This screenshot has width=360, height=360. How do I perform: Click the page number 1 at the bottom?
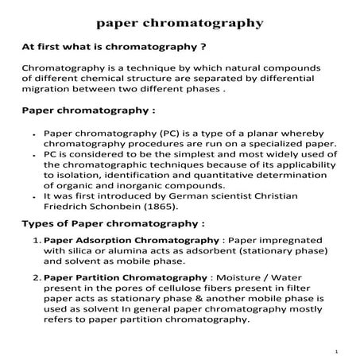tap(337, 350)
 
